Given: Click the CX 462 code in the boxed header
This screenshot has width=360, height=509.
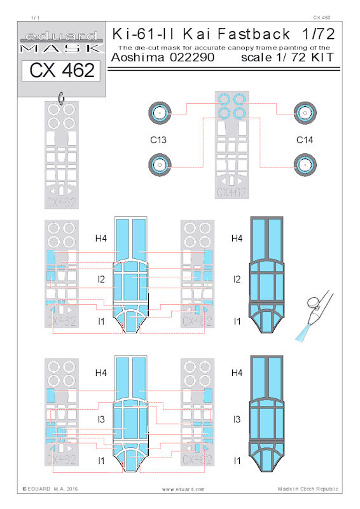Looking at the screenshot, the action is tap(62, 70).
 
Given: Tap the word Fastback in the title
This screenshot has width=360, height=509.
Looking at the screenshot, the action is tap(254, 34).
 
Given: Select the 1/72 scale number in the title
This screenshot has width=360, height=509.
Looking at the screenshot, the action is tap(318, 34).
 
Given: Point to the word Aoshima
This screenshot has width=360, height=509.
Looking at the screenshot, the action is tap(137, 57).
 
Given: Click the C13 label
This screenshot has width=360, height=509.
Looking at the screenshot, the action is tap(158, 140).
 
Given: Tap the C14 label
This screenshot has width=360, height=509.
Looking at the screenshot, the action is tap(305, 140).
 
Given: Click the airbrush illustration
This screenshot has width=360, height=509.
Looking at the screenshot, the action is tap(314, 315).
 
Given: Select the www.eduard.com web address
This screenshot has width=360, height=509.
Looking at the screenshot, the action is tap(183, 489).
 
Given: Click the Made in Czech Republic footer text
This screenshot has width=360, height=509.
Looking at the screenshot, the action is tap(308, 489).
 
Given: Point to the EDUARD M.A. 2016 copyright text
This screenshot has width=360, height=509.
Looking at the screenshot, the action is tap(50, 489).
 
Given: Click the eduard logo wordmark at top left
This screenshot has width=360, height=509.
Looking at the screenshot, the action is tap(62, 36).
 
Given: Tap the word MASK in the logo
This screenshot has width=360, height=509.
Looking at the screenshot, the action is tap(61, 49).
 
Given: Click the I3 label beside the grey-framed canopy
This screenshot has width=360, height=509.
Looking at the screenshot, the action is tap(237, 419).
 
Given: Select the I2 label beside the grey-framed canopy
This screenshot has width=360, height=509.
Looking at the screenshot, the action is tap(237, 279).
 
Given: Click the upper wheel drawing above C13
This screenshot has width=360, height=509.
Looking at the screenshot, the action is tap(160, 113).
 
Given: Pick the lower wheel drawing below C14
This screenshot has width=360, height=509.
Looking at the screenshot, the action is tap(305, 165).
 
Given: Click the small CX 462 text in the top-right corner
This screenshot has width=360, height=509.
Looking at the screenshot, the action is tap(322, 18).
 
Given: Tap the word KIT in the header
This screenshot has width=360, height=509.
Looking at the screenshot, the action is tap(322, 57).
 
